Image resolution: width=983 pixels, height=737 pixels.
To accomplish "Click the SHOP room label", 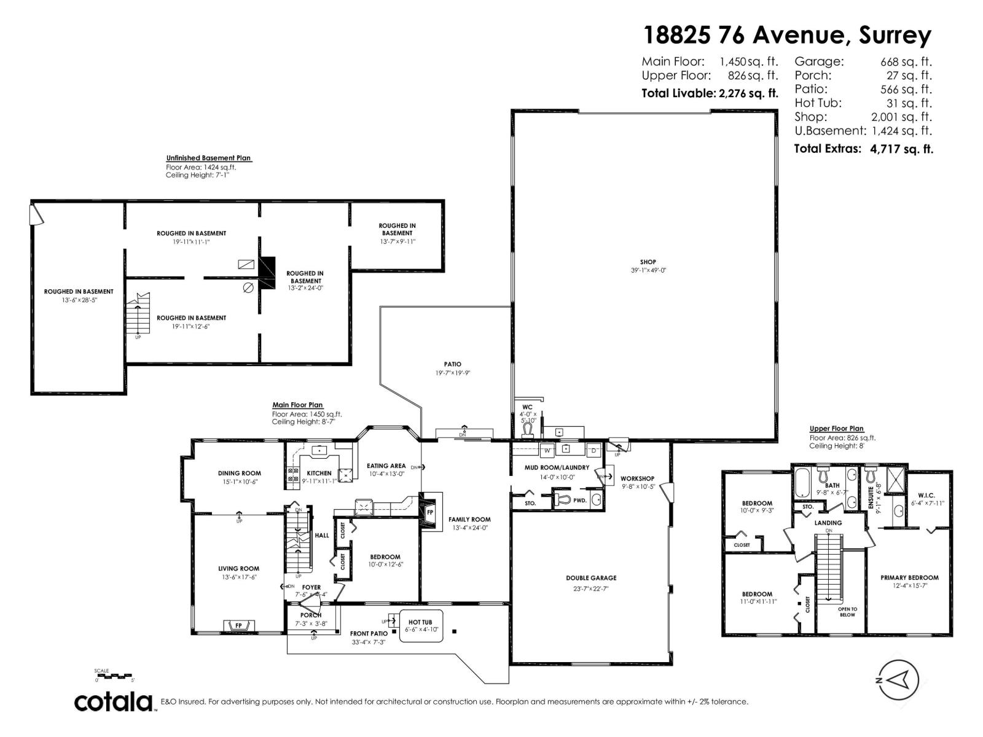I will [648, 262].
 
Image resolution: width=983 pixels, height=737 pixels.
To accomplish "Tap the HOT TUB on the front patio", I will [421, 626].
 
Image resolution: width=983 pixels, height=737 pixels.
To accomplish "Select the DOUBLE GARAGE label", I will [591, 578].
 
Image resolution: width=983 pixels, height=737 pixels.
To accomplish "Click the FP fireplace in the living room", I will [239, 625].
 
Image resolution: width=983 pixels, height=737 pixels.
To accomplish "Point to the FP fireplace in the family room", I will [429, 512].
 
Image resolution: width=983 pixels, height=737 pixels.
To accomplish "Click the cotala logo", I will [114, 701].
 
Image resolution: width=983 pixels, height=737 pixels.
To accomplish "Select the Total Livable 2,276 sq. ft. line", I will [710, 93].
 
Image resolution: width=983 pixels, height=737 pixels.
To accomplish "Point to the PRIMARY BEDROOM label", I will [909, 578].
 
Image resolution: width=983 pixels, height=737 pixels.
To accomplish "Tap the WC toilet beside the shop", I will [527, 429].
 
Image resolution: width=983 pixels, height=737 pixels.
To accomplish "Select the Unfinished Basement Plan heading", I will [208, 158].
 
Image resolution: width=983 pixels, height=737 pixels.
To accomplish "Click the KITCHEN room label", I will [319, 473].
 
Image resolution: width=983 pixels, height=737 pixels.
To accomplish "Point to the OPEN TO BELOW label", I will [847, 612].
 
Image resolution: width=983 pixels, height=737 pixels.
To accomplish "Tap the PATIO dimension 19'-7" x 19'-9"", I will [452, 373].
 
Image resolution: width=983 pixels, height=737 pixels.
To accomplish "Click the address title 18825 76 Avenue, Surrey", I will [787, 35].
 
